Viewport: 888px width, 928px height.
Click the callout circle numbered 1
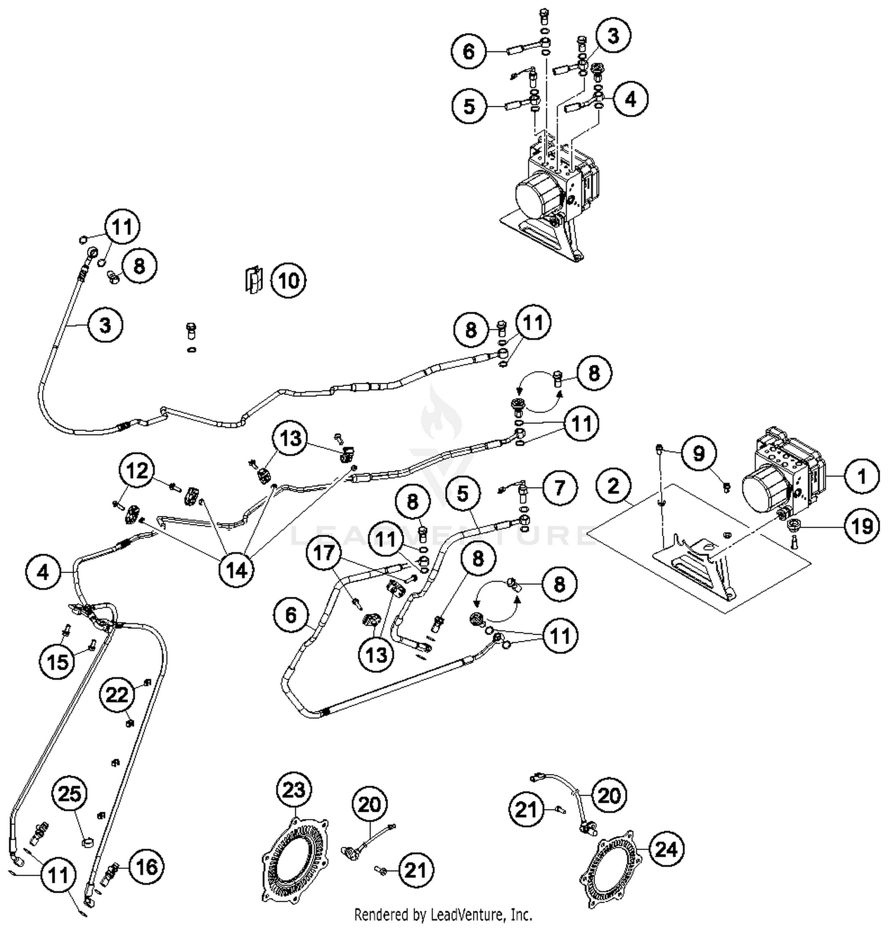[x=861, y=476]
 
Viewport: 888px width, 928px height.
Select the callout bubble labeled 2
[x=614, y=486]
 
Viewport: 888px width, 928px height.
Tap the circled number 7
[x=559, y=488]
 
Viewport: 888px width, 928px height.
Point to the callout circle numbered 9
[x=699, y=453]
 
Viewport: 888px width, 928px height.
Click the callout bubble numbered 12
[x=137, y=471]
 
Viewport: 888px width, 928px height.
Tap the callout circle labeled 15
[x=58, y=660]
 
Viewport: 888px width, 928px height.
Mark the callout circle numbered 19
[x=862, y=525]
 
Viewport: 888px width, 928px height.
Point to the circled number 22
[x=117, y=694]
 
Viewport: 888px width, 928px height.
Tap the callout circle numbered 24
[x=666, y=849]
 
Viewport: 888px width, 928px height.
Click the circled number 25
[x=69, y=794]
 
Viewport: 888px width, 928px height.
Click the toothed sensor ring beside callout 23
[x=294, y=858]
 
